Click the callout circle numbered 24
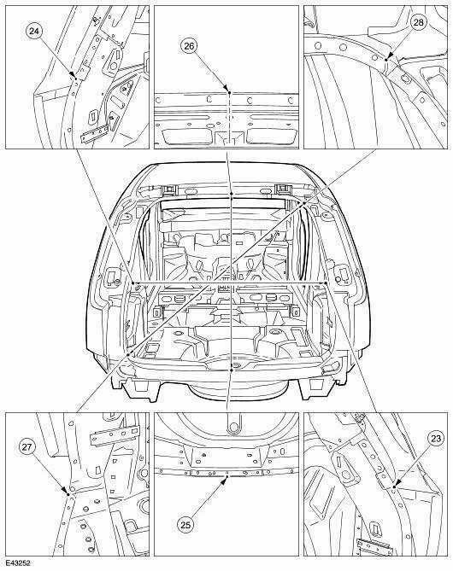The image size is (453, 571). tap(34, 32)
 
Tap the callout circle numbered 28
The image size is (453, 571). tap(418, 22)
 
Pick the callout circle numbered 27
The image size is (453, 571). tap(27, 447)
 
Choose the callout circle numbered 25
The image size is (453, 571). tap(186, 525)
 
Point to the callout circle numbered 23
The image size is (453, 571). tap(436, 439)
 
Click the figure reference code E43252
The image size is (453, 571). tap(17, 564)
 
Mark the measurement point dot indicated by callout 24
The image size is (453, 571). tap(75, 78)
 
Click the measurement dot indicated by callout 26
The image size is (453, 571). tap(229, 93)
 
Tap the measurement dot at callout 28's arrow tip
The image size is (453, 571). tap(385, 60)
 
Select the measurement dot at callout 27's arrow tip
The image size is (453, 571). tap(68, 494)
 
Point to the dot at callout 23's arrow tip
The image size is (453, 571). tap(394, 487)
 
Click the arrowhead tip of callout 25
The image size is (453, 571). tap(227, 476)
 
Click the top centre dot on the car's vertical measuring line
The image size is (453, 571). tap(232, 194)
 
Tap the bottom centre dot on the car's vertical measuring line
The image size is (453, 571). tap(232, 370)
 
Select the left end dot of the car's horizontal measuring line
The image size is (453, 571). tap(133, 283)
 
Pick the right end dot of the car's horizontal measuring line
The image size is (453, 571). tap(325, 283)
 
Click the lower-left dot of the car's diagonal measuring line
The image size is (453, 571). tap(128, 353)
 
